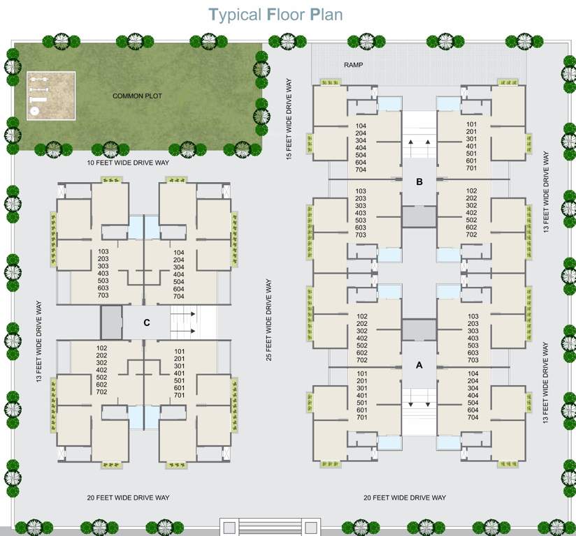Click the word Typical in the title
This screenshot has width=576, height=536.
tap(236, 14)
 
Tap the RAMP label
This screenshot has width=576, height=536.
tap(354, 65)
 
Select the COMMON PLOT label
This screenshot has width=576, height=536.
tap(137, 96)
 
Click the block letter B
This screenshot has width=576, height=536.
tap(419, 183)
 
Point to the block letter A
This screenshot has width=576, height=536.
tap(419, 364)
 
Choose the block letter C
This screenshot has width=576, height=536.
tap(146, 322)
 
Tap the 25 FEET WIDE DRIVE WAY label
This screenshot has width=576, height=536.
tap(269, 320)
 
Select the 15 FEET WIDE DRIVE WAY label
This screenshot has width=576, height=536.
tap(289, 119)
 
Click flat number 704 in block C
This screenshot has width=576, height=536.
tap(178, 296)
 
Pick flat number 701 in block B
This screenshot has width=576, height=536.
tap(471, 167)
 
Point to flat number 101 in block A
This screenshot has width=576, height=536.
tap(361, 373)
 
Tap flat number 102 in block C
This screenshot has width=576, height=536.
tap(102, 348)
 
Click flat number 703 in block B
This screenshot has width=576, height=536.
tap(361, 235)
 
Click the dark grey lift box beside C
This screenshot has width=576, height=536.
tap(111, 322)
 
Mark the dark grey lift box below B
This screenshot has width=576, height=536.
tap(419, 216)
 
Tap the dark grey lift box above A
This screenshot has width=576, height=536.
tap(419, 329)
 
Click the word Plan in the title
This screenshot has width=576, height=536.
tap(324, 14)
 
